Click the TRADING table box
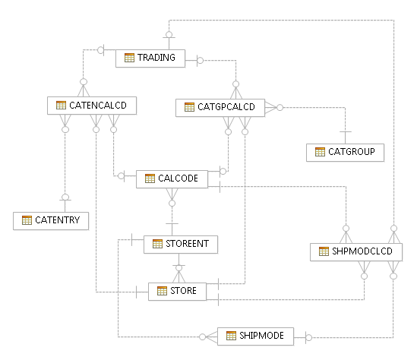click(x=149, y=58)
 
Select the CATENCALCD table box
click(x=91, y=106)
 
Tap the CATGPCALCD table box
click(x=220, y=108)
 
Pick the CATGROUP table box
click(x=346, y=152)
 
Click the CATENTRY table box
click(x=51, y=220)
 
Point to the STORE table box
click(x=177, y=291)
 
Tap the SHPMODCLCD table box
click(x=355, y=252)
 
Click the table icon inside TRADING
click(x=130, y=58)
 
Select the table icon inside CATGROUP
click(x=320, y=152)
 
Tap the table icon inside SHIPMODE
click(x=231, y=336)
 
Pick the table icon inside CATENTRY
click(x=27, y=220)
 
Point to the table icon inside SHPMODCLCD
click(x=324, y=252)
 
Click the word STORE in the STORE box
click(x=183, y=291)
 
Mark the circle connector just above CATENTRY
click(x=65, y=197)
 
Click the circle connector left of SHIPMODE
click(x=203, y=336)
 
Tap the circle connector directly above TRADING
click(x=170, y=34)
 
